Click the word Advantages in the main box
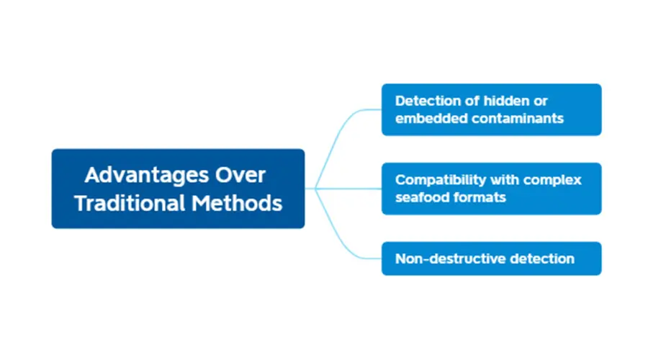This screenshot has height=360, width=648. click(146, 176)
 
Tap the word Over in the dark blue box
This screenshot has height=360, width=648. click(240, 175)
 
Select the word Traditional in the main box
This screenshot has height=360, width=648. click(130, 203)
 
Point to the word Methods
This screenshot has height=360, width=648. click(237, 203)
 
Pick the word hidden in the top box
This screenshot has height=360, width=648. click(506, 101)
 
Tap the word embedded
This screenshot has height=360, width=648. click(431, 119)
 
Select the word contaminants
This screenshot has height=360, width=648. click(518, 119)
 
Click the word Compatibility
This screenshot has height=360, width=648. click(441, 180)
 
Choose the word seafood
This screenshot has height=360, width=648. click(420, 197)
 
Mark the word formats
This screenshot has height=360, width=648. click(478, 197)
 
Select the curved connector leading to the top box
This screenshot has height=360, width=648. click(335, 140)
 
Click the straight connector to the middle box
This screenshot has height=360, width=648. click(343, 189)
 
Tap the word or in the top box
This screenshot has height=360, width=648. click(541, 102)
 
